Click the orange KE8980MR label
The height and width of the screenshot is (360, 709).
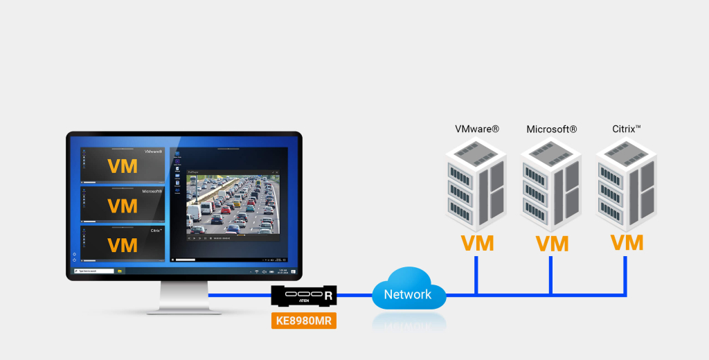click(x=303, y=320)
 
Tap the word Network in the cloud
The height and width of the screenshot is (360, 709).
click(x=408, y=294)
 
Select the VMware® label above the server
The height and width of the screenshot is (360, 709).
click(x=477, y=129)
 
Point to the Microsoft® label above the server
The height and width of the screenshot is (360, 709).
click(x=552, y=129)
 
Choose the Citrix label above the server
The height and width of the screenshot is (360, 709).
click(x=627, y=129)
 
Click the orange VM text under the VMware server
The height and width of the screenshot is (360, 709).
click(x=477, y=243)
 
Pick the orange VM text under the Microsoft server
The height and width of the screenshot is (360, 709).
click(x=552, y=243)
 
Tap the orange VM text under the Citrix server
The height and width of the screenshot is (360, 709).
click(x=627, y=242)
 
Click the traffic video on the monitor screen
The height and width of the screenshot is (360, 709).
click(x=232, y=204)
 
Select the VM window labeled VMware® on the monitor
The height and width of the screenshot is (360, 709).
click(x=123, y=166)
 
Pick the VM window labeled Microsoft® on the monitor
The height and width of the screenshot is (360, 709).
click(x=123, y=205)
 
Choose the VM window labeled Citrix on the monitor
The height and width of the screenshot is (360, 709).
click(x=123, y=244)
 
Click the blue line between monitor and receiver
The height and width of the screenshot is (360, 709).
click(x=242, y=296)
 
